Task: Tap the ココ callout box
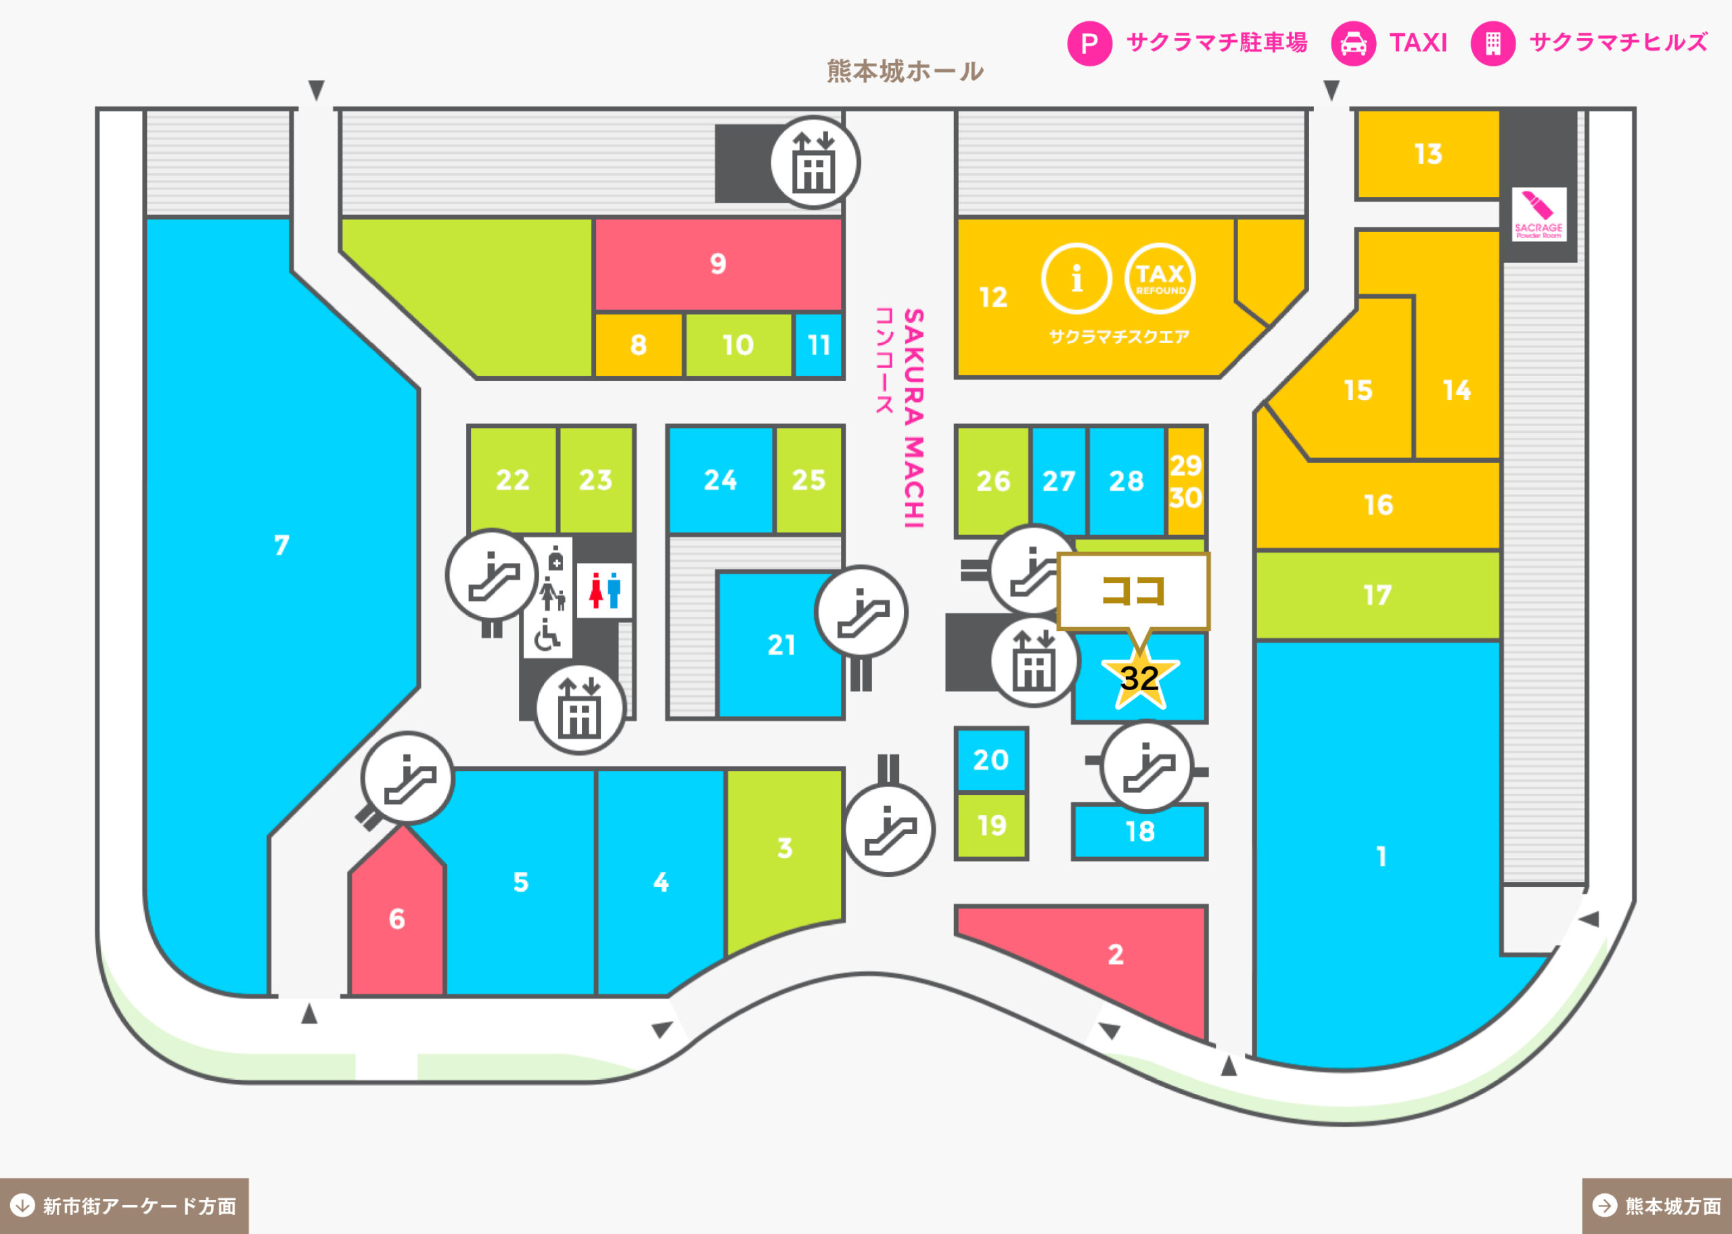1133,591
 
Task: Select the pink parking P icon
1089,43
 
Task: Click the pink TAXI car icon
1353,43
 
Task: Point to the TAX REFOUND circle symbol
1159,279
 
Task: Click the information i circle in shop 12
1076,279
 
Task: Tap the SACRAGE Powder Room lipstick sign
1539,214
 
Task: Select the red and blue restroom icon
605,591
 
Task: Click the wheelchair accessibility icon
546,636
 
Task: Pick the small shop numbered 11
818,345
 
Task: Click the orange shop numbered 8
638,345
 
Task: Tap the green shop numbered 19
990,826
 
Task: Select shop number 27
1058,480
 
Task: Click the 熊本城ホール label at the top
905,70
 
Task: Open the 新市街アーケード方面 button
124,1206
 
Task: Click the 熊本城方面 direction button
1657,1206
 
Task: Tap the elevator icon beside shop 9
815,162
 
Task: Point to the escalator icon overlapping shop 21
861,612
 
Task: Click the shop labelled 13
1428,154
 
